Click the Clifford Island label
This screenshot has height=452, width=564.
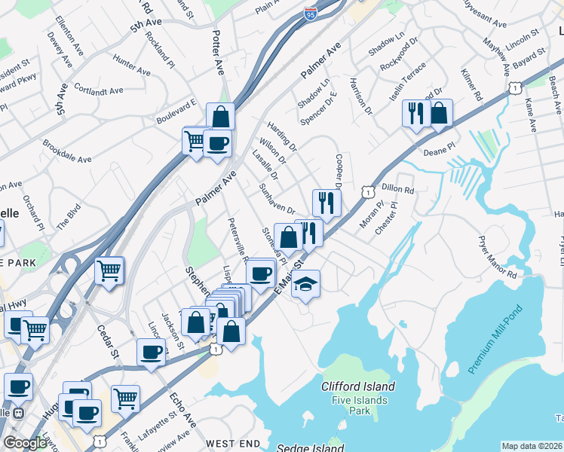point(358,386)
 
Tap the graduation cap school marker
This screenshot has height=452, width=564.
point(305,284)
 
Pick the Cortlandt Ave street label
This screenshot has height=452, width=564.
point(99,90)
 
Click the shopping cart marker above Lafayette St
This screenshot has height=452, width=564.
point(125,398)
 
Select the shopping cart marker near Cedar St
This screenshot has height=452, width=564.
point(109,270)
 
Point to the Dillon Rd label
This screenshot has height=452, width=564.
point(399,191)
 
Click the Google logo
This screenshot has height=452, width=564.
point(25,443)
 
